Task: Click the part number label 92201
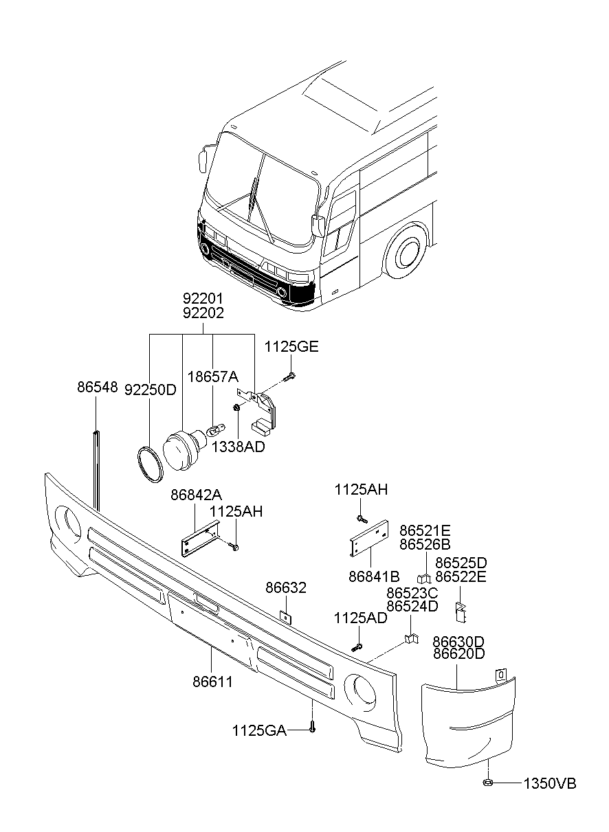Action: coord(203,300)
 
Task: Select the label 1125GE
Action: coord(291,348)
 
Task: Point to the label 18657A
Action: coord(213,376)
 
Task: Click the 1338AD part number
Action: coord(238,447)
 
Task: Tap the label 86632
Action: coord(286,589)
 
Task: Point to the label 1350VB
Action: coord(550,784)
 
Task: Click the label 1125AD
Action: coord(360,618)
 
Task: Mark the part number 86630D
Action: coord(458,641)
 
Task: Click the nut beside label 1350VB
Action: coord(487,783)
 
